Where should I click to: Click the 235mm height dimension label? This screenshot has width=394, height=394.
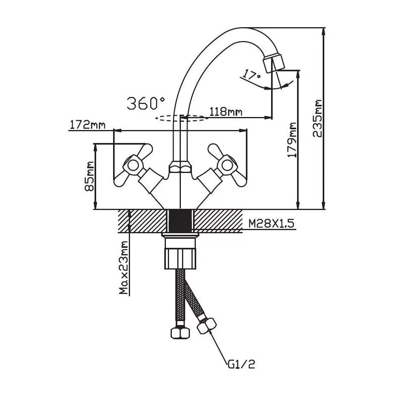[x=318, y=119]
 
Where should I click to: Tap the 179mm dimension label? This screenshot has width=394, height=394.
[x=292, y=140]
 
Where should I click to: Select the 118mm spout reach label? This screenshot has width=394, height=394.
[x=226, y=112]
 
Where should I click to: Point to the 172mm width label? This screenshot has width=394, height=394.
[x=87, y=125]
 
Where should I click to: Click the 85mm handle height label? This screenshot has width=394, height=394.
[x=89, y=176]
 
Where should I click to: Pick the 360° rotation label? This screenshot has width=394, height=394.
[x=146, y=103]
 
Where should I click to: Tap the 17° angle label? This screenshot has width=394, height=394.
[x=251, y=75]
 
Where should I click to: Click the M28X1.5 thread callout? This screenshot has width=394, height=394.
[x=271, y=224]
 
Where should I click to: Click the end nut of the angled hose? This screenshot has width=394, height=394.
[x=206, y=325]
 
